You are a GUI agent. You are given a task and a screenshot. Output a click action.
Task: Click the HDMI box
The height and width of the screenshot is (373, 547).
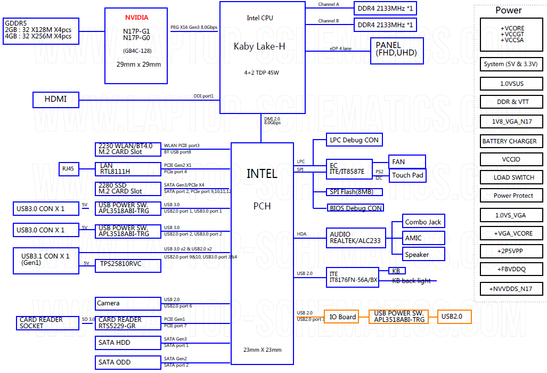pos(56,100)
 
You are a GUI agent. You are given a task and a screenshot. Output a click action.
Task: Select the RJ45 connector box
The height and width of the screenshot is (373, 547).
pos(69,169)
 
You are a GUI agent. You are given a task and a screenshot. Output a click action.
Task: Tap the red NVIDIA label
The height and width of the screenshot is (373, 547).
pos(137,18)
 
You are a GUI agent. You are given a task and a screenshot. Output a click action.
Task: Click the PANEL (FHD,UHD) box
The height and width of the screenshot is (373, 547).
pos(397,51)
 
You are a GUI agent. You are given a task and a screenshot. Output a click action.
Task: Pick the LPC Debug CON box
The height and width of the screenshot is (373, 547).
pos(354,140)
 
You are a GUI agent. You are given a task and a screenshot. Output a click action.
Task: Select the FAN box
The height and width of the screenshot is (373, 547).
pos(407,161)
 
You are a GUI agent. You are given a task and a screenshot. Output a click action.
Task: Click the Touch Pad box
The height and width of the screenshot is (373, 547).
pos(407,175)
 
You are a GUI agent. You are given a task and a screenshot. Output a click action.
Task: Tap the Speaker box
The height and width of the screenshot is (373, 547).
pos(423,254)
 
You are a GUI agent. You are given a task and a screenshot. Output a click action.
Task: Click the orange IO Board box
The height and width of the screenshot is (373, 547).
pos(341,317)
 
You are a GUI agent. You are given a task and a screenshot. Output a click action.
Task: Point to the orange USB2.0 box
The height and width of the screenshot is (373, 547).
pos(454,317)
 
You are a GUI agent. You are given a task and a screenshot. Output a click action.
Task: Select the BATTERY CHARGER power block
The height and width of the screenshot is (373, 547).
pos(511,141)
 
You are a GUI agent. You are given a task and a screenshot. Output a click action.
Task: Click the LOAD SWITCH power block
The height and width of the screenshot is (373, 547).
pos(511,177)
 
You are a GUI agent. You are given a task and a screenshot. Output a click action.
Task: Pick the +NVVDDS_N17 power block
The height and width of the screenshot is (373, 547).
pos(511,289)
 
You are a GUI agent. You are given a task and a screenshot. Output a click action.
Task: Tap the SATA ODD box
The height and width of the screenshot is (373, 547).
pos(128,362)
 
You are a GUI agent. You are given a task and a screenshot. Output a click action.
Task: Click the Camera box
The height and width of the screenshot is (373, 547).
pos(128,304)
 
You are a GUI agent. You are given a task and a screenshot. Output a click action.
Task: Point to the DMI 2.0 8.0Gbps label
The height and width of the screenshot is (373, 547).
pos(272,121)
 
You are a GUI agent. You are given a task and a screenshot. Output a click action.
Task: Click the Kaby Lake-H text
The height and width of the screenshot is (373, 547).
pos(259,46)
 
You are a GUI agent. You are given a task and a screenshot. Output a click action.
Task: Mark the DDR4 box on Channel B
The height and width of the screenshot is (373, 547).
pos(385,25)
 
